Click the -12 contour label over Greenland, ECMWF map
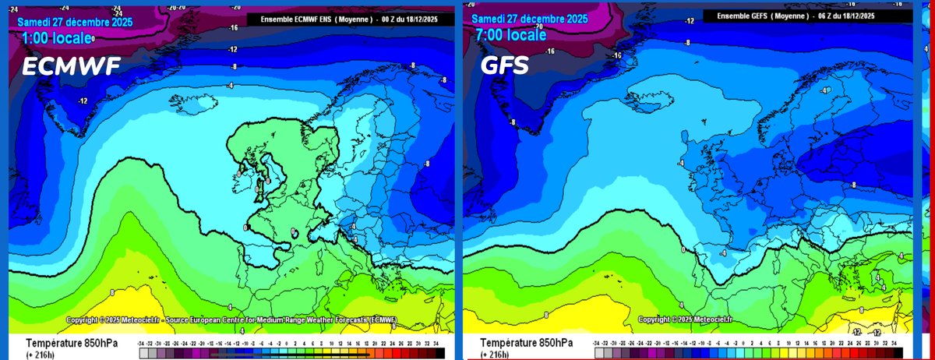[x=82, y=101]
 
